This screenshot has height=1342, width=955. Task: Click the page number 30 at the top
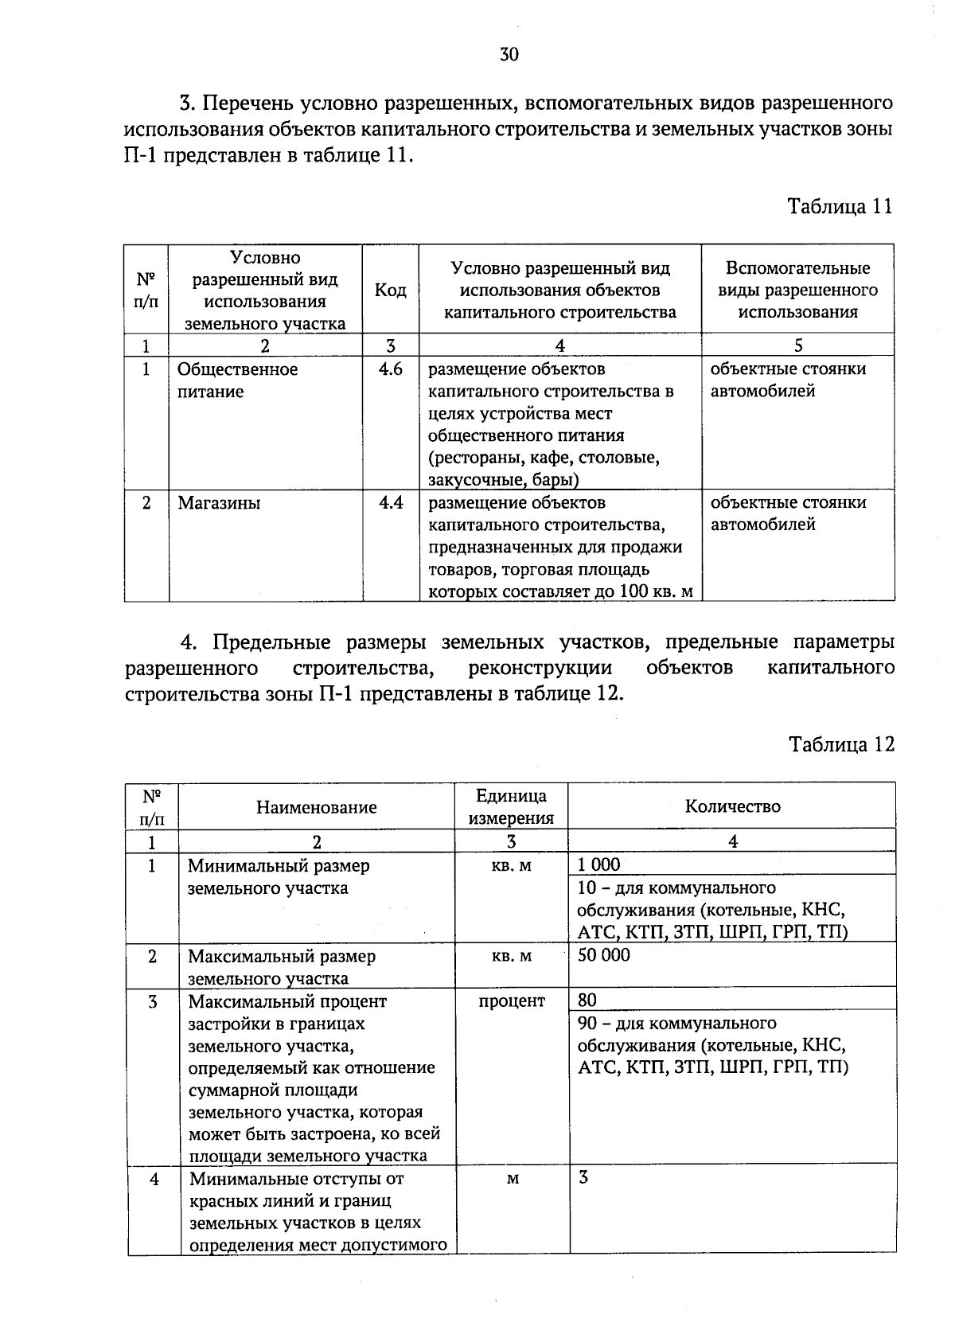tap(509, 54)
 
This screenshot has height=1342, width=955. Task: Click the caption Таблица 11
tap(840, 206)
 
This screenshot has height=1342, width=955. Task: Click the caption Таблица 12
tap(841, 744)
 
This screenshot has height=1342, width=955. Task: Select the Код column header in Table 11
tap(390, 291)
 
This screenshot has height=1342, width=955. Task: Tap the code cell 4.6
tap(391, 369)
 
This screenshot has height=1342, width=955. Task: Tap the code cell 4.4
tap(391, 503)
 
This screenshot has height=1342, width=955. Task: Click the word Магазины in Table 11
tap(219, 503)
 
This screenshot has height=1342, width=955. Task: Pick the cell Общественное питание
tap(237, 380)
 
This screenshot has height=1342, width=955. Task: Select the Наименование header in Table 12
tap(316, 807)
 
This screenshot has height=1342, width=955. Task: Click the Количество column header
tap(732, 806)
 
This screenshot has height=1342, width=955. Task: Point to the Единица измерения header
tap(511, 806)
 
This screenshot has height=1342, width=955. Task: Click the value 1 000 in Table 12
tap(598, 865)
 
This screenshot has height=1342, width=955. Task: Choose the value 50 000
tap(603, 955)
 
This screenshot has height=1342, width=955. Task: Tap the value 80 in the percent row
tap(587, 1001)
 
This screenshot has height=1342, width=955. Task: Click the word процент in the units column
tap(512, 1001)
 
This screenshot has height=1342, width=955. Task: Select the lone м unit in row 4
tap(512, 1179)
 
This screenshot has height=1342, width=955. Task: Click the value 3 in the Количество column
tap(583, 1178)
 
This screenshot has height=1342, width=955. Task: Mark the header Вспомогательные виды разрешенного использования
tap(797, 290)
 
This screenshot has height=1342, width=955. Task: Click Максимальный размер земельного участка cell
tap(281, 967)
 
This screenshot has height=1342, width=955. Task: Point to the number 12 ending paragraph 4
tap(604, 693)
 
